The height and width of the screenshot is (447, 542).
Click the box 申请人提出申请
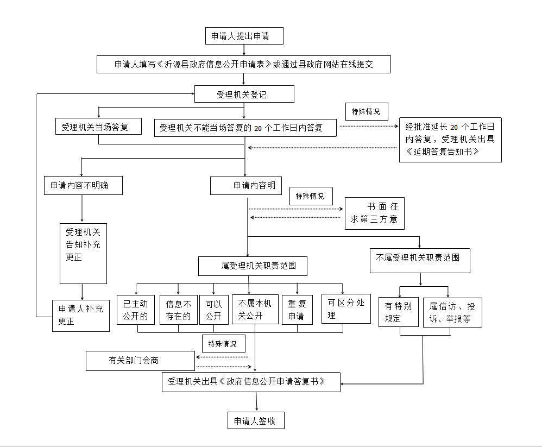click(244, 36)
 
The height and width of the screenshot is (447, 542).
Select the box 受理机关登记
click(244, 94)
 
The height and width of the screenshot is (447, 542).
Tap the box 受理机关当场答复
click(98, 127)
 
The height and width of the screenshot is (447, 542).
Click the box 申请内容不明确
click(83, 186)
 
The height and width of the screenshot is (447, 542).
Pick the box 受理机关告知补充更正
click(83, 253)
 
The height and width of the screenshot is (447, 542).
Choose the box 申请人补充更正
click(81, 316)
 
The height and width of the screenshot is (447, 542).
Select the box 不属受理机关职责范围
click(420, 261)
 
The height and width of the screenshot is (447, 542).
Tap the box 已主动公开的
click(136, 310)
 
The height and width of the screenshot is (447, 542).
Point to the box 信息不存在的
click(178, 310)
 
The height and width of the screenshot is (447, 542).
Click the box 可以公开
click(213, 310)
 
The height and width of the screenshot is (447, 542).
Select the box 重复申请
click(297, 310)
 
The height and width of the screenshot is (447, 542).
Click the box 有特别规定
click(399, 312)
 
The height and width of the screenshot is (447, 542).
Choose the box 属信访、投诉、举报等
click(452, 312)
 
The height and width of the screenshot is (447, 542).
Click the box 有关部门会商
click(140, 361)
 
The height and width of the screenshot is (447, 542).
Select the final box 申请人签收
click(256, 421)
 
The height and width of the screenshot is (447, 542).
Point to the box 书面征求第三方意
click(374, 213)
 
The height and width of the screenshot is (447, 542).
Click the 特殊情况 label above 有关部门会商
click(223, 344)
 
